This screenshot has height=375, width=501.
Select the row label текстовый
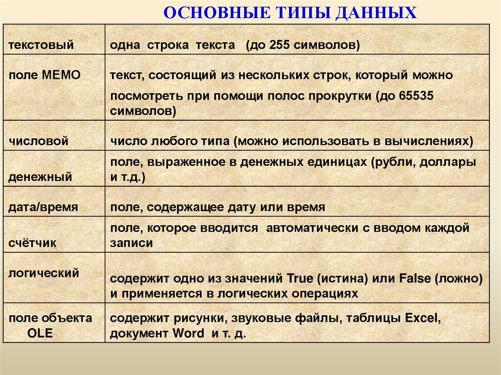(41, 45)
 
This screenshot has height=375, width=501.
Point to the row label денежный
(40, 177)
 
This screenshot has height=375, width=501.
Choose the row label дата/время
(43, 207)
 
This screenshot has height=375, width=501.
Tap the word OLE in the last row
(40, 334)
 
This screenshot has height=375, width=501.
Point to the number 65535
(417, 96)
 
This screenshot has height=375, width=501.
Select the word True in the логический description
(299, 279)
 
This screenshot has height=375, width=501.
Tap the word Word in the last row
(188, 334)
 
